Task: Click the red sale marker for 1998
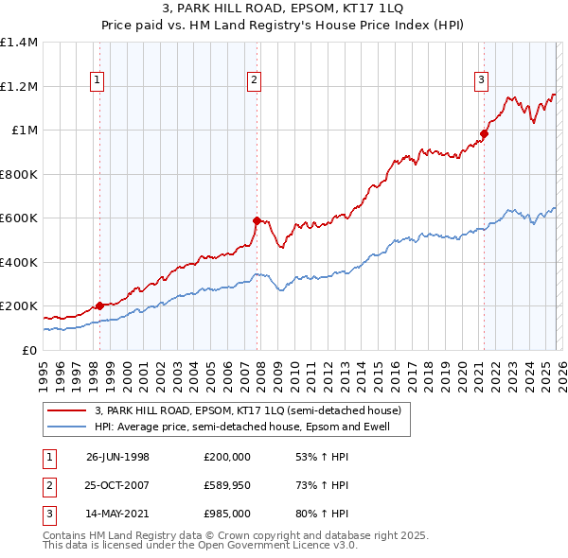(x=100, y=305)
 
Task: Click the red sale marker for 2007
(x=257, y=220)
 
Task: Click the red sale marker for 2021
(x=484, y=133)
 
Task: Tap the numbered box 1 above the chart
(x=98, y=81)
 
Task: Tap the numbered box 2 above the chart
(x=255, y=81)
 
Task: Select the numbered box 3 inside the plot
(x=482, y=81)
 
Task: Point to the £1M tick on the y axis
(x=26, y=131)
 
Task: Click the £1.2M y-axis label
(x=19, y=86)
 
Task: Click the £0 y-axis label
(x=30, y=350)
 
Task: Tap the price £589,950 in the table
(x=226, y=486)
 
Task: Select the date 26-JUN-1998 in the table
(x=117, y=457)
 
